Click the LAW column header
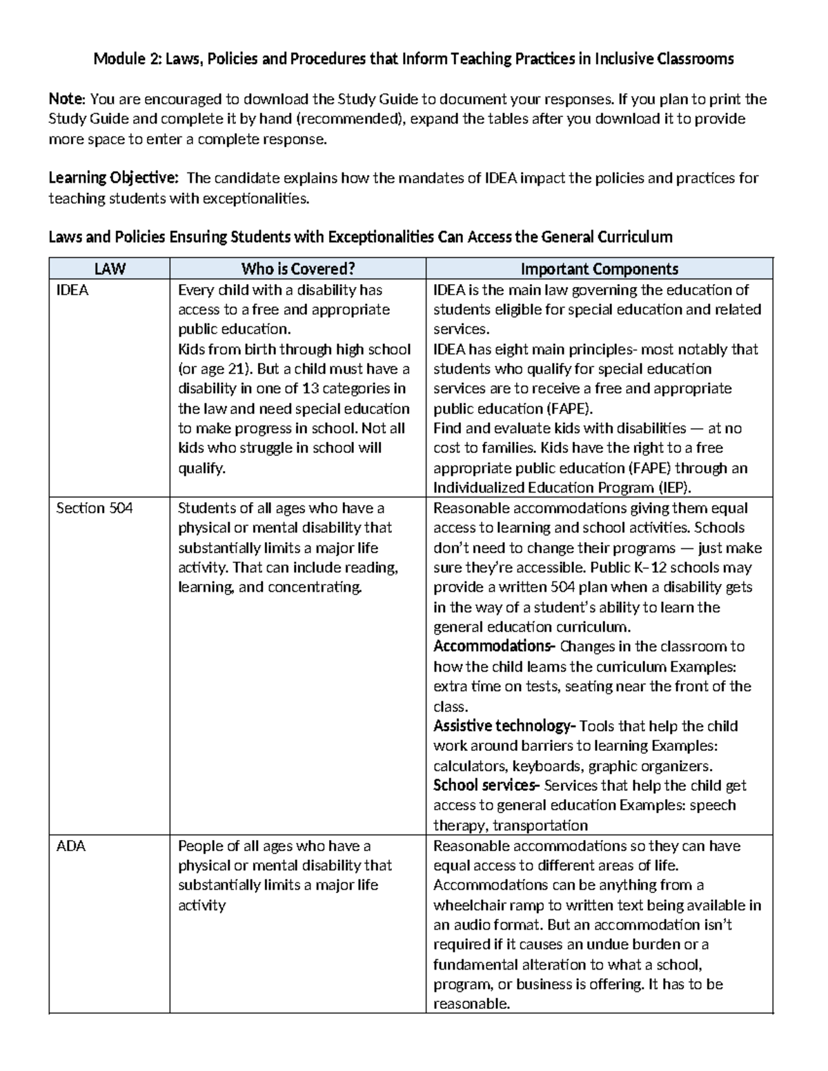pos(109,269)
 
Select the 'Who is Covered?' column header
pos(297,269)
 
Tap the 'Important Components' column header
pos(599,269)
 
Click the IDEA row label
pos(72,290)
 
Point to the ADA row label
pos(71,846)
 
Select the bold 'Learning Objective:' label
pos(113,179)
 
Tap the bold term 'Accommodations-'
pos(494,647)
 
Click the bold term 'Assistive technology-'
pos(504,726)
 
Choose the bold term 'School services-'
pos(486,785)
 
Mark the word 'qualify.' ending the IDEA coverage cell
pos(201,469)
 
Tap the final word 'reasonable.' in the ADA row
pos(471,1004)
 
